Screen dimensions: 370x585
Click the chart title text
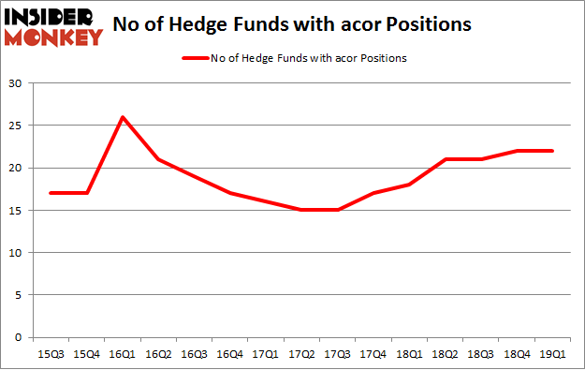pyautogui.click(x=291, y=25)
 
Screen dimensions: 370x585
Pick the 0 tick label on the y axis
pyautogui.click(x=18, y=337)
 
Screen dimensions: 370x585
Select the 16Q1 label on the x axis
pyautogui.click(x=122, y=354)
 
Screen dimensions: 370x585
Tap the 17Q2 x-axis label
pyautogui.click(x=302, y=354)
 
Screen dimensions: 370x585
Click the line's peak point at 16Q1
pyautogui.click(x=122, y=117)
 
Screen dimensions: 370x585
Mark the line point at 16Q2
pyautogui.click(x=158, y=159)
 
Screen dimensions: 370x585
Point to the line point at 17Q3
pyautogui.click(x=338, y=210)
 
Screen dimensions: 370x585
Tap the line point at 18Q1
pyautogui.click(x=410, y=185)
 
